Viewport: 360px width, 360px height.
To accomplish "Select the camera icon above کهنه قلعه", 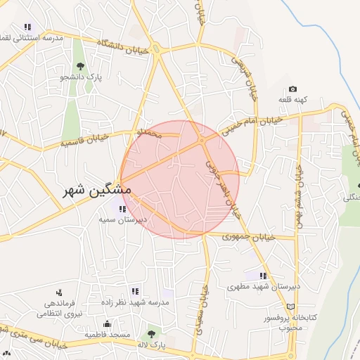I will pos(292,90).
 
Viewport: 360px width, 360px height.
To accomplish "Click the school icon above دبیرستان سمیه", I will pos(122,208).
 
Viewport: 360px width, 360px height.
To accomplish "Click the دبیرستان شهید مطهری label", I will pos(266,286).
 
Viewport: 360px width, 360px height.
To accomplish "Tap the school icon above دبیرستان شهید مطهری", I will pos(262,276).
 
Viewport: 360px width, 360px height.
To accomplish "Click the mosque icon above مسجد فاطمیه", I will pos(106,323).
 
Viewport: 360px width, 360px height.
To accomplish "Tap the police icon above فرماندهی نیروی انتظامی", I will pos(58,292).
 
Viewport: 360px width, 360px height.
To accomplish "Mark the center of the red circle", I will pos(180,179).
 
